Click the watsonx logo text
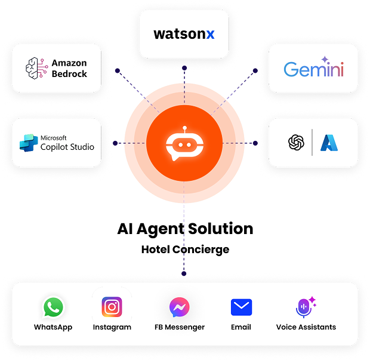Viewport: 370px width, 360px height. (184, 34)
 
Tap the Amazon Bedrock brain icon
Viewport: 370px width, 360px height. (36, 69)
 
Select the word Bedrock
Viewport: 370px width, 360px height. (69, 74)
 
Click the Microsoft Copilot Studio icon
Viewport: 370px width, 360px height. (28, 143)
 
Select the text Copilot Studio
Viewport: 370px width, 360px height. (67, 147)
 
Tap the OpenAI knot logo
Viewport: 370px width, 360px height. (296, 142)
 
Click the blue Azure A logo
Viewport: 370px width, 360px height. (329, 142)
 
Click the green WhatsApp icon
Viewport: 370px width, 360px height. (53, 307)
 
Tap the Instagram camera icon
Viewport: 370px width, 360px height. (112, 307)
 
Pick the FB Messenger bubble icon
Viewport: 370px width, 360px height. (180, 307)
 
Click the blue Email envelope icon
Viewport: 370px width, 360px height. (241, 307)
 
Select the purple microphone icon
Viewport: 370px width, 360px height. (304, 307)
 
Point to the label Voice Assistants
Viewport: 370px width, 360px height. (306, 327)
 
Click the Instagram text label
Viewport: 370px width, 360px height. (112, 327)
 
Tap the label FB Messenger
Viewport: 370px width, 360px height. (180, 327)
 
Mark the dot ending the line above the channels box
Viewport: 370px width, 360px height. (184, 273)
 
